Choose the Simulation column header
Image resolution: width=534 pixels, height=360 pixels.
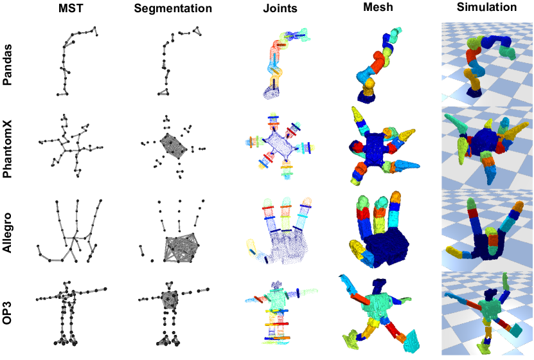pyautogui.click(x=486, y=8)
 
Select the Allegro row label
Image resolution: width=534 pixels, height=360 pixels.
pyautogui.click(x=8, y=233)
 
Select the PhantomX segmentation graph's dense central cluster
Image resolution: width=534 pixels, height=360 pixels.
pyautogui.click(x=174, y=147)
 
